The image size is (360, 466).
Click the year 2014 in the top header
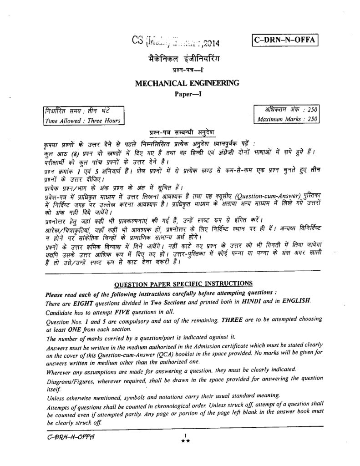click(209, 44)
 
